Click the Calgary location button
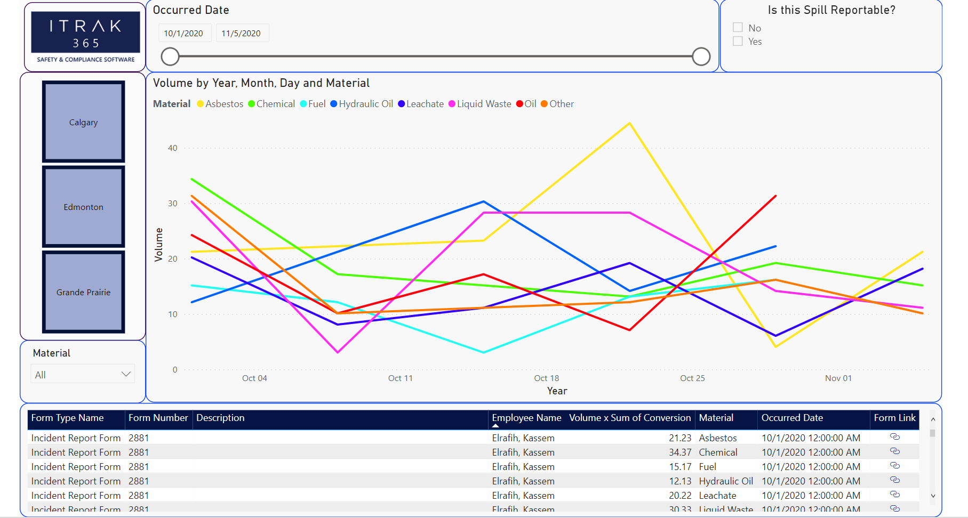click(83, 122)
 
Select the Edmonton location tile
click(83, 207)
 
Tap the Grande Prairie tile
click(83, 292)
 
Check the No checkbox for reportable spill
click(738, 28)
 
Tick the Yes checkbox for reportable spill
click(738, 42)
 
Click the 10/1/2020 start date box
click(184, 33)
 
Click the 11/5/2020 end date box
click(242, 33)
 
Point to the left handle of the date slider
click(170, 56)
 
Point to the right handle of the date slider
click(701, 56)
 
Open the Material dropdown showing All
click(83, 375)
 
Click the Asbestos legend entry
click(220, 104)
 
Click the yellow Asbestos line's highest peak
click(630, 124)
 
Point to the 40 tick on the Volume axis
click(172, 148)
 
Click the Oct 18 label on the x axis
click(547, 378)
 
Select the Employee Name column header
click(526, 418)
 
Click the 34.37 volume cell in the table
click(680, 452)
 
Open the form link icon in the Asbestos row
click(895, 437)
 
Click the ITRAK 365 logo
click(85, 36)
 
